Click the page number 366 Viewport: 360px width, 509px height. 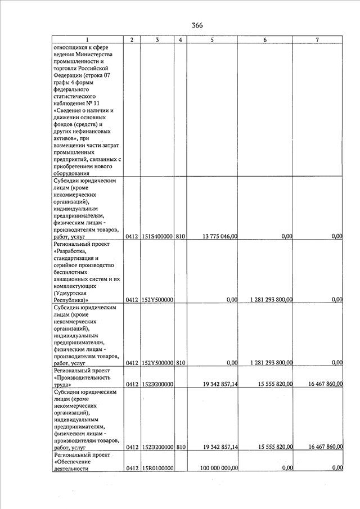coord(196,25)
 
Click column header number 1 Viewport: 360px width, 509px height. coord(87,39)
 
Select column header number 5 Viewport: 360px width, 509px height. coord(211,39)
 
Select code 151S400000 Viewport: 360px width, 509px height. coord(157,236)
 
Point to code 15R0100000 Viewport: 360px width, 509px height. coord(157,468)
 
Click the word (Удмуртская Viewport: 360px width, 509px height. coord(74,292)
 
